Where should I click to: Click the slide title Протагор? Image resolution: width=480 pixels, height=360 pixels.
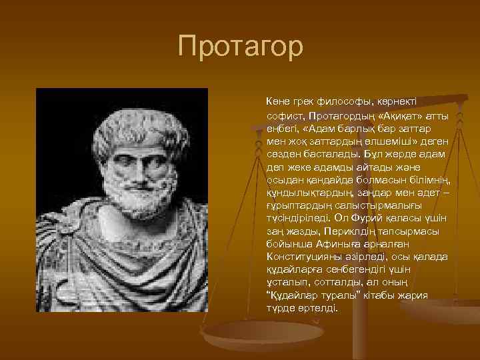coord(240,47)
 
